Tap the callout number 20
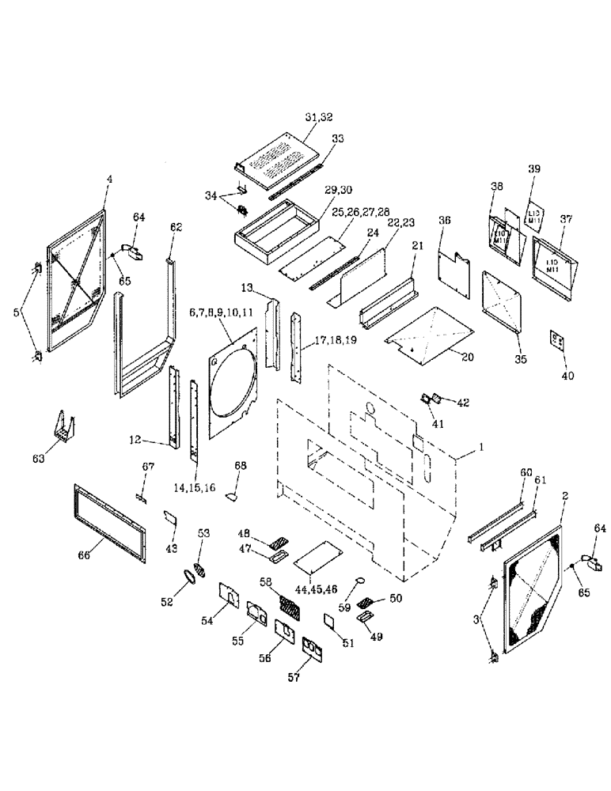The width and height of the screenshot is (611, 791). pyautogui.click(x=468, y=358)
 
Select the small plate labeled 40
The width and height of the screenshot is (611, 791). pyautogui.click(x=557, y=341)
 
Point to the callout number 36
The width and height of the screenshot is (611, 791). pyautogui.click(x=446, y=222)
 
